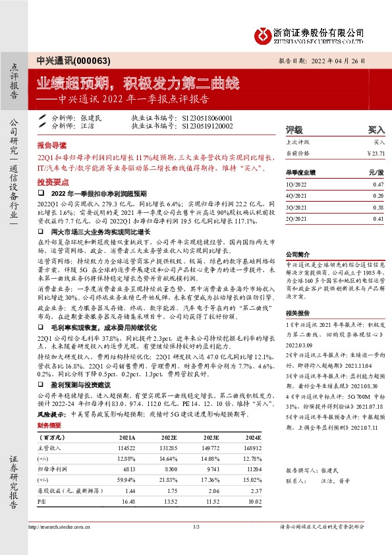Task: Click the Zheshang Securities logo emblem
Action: (x=262, y=32)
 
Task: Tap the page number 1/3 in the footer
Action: (x=196, y=544)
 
